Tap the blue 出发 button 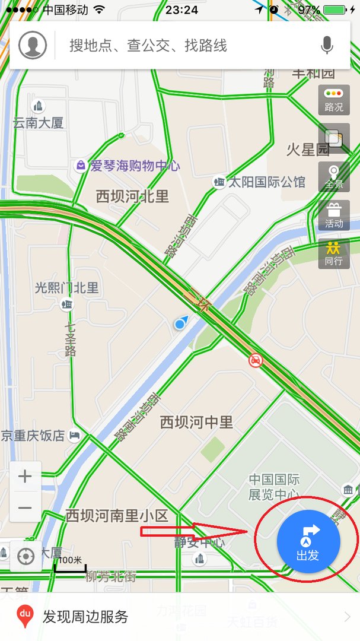pos(308,541)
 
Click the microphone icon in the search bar pos(327,45)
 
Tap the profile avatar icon pos(33,45)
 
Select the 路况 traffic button pos(334,100)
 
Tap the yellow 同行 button pos(334,253)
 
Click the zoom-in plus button pos(26,477)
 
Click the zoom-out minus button pos(26,507)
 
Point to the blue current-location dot pos(180,324)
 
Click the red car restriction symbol pos(256,360)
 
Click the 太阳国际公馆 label pos(267,182)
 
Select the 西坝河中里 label pos(196,422)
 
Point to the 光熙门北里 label pos(66,288)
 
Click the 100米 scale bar pos(70,563)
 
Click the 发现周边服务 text pos(85,617)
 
